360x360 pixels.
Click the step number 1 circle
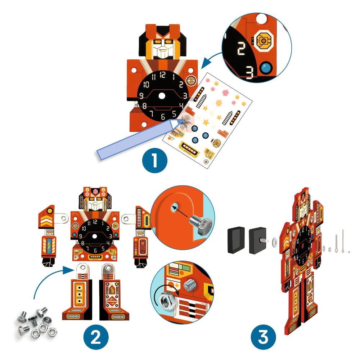tap(154, 160)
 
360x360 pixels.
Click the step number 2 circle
tap(95, 337)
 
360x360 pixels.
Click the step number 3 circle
tap(264, 337)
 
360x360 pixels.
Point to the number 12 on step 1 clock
tap(163, 75)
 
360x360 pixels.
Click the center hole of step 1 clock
tap(162, 96)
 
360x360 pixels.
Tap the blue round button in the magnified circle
tap(267, 67)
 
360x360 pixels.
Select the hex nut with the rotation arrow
tap(168, 298)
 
